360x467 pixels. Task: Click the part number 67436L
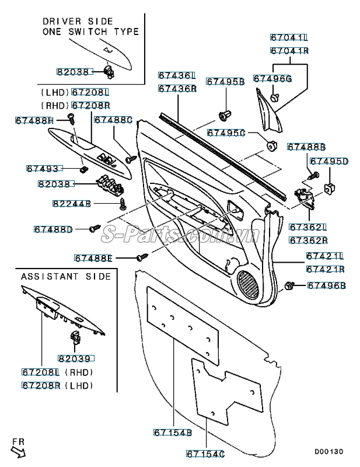pos(176,76)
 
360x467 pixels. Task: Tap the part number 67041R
pos(288,51)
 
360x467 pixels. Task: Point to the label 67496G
pos(272,78)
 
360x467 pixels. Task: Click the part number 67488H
pos(34,120)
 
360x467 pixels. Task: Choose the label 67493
pos(43,169)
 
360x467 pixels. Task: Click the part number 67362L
pos(307,227)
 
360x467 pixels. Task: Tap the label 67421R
pos(325,269)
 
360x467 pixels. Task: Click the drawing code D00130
pos(329,452)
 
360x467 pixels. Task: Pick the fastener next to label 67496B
pos(289,285)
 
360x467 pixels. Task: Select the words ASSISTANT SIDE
pos(65,276)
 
